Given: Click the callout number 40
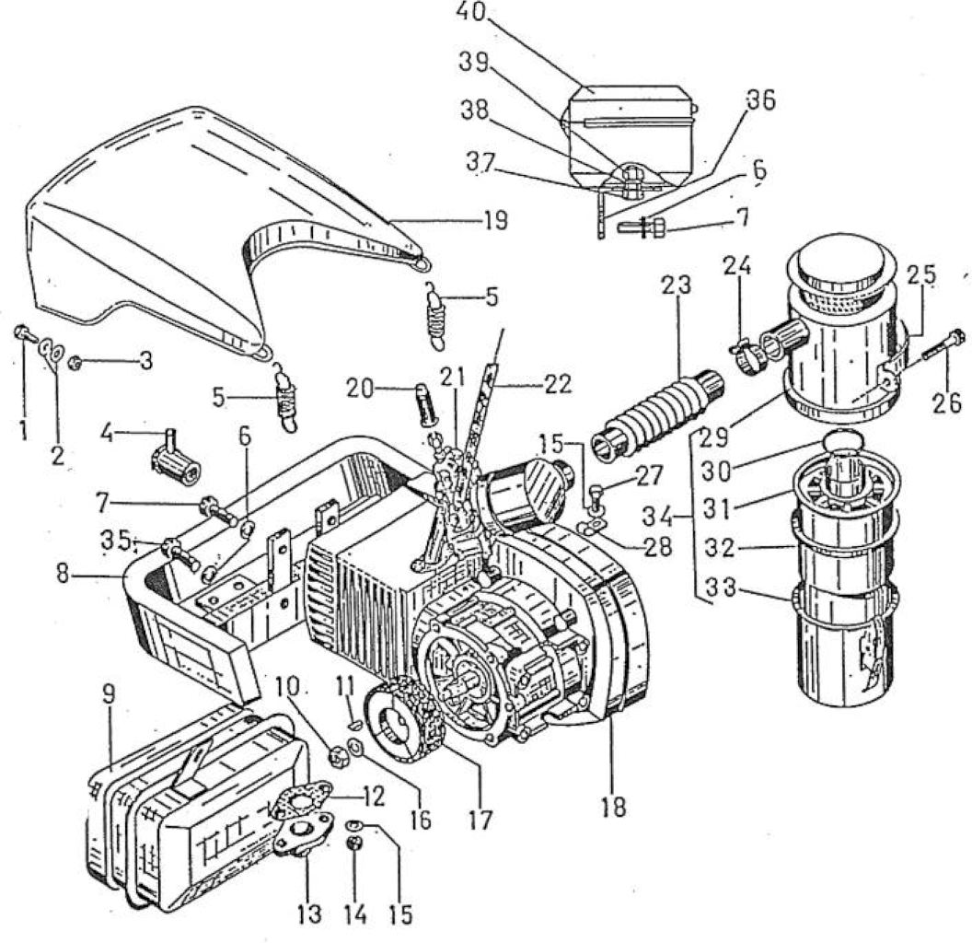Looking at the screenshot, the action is (472, 12).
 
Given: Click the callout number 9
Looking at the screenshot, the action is (109, 695).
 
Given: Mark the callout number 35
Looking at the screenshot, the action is (117, 541).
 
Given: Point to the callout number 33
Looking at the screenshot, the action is (722, 587).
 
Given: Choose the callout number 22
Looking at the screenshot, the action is (557, 385).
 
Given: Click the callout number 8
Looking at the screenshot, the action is (63, 574).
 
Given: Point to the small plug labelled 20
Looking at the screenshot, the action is (423, 404).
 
